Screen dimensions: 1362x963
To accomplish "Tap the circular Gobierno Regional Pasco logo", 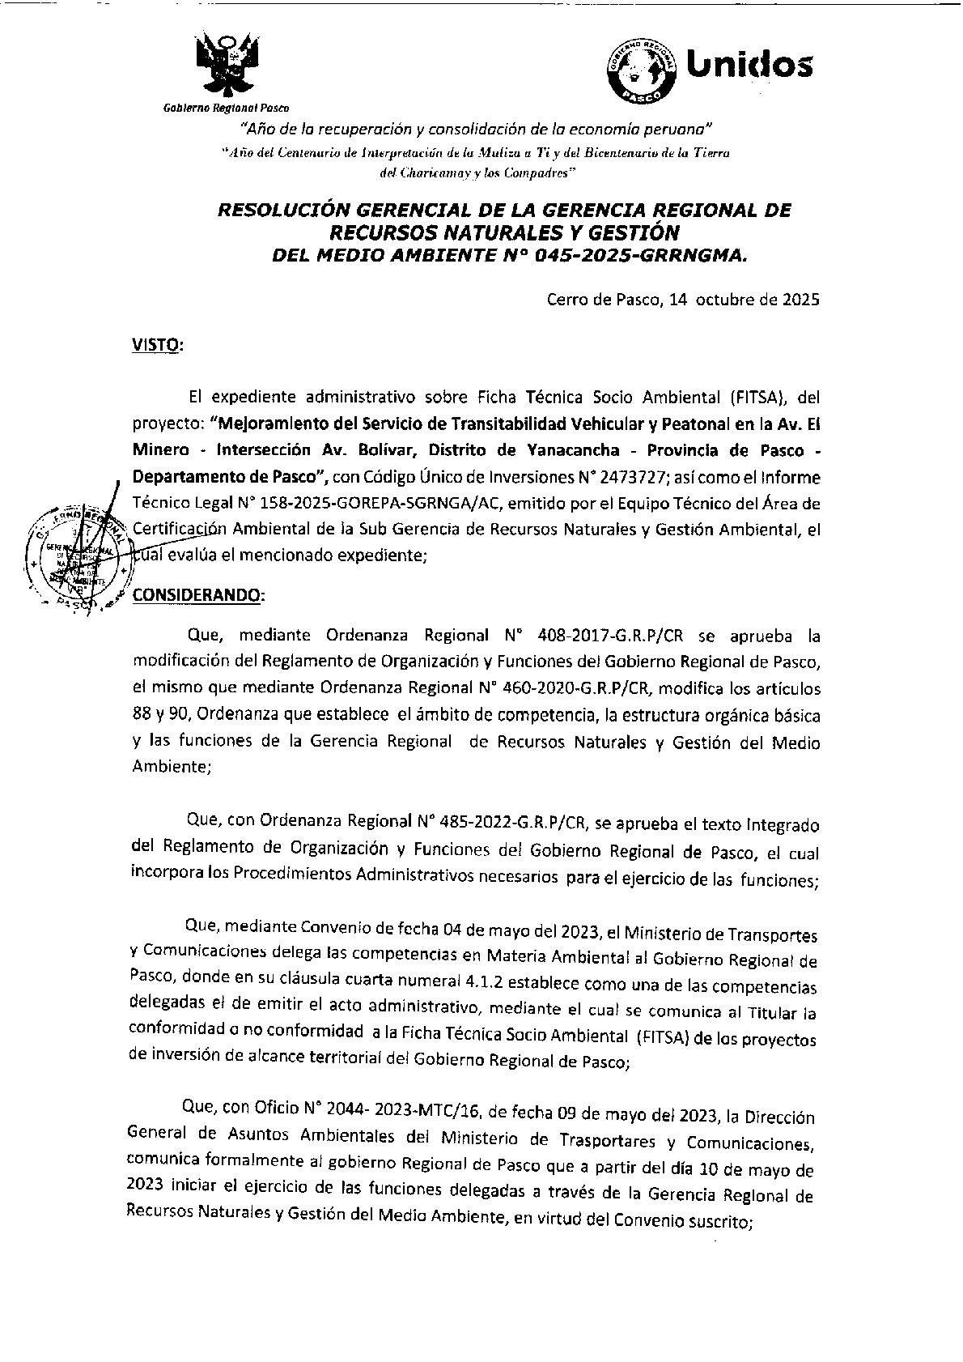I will click(641, 70).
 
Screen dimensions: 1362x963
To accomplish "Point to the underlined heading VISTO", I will click(157, 346).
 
